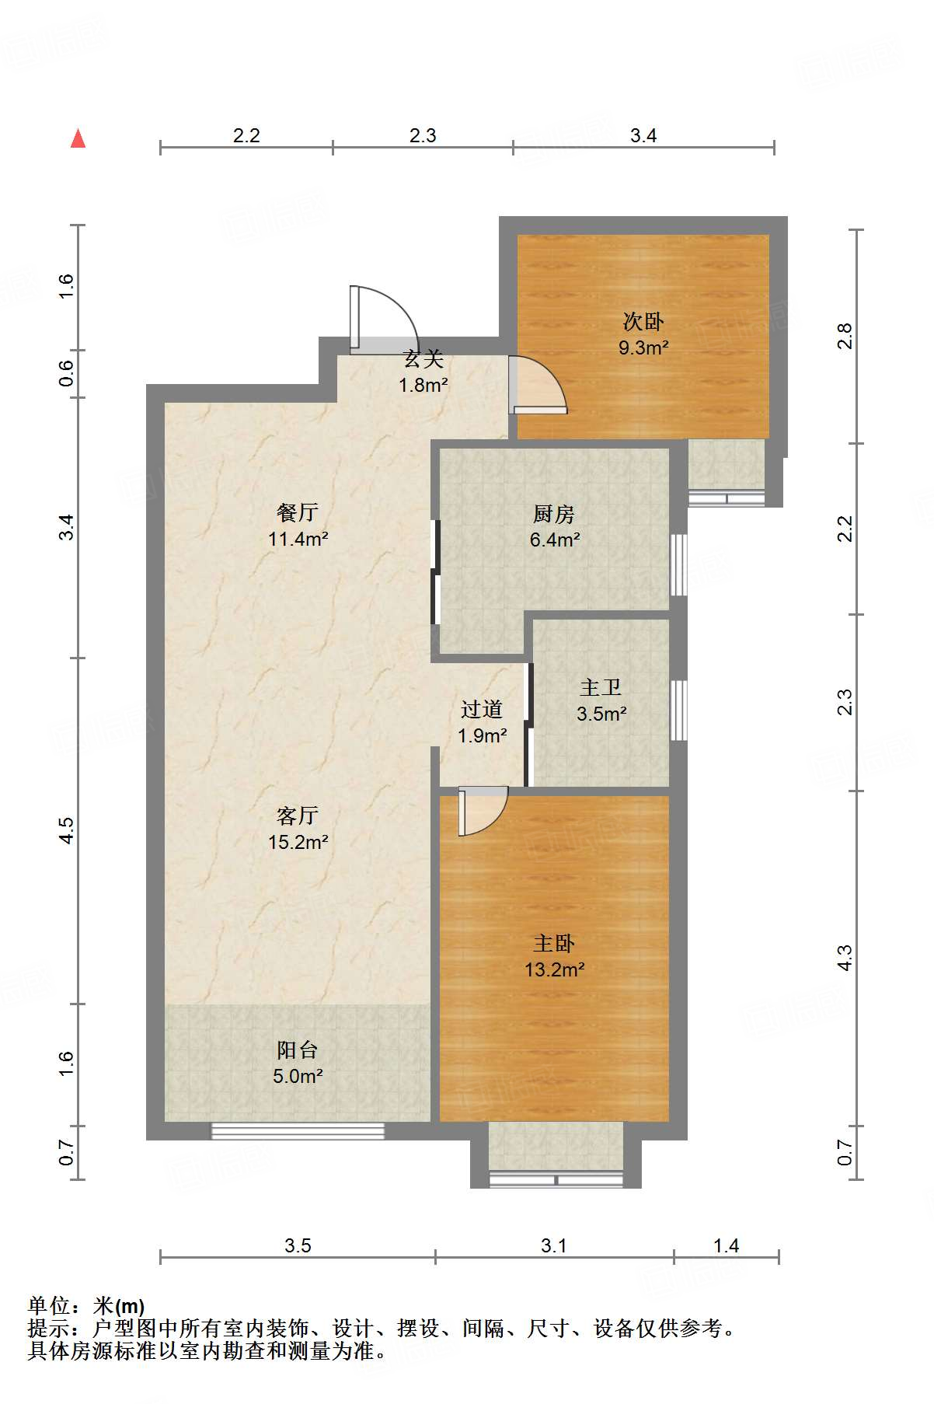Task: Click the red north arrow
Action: coord(78,138)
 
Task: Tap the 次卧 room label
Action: coord(643,321)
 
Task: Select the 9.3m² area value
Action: coord(643,348)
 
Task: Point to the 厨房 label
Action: coord(554,514)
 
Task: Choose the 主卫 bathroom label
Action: coord(601,687)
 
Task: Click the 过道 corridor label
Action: coord(482,709)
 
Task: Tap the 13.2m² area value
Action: coord(554,969)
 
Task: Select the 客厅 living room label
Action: coord(298,816)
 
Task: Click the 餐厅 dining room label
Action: coord(298,512)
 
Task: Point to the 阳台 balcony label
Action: coord(298,1050)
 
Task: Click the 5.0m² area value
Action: coord(298,1076)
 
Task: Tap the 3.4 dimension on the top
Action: coord(643,136)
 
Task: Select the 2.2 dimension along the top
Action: coord(246,136)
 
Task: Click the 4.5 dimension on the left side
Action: coord(67,830)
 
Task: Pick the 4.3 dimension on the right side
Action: coord(845,958)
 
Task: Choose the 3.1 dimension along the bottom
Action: coord(554,1246)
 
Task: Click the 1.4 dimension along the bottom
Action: coord(726,1246)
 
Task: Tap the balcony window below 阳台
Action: coord(298,1131)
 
